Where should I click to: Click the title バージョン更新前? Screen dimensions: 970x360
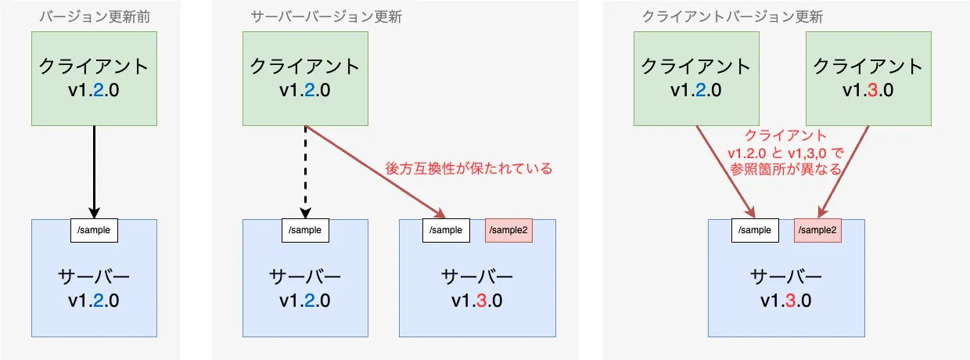click(x=95, y=17)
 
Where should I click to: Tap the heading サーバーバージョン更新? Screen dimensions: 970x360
click(x=326, y=17)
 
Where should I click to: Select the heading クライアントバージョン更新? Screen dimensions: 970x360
click(x=732, y=17)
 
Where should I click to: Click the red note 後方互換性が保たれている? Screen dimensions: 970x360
click(x=469, y=168)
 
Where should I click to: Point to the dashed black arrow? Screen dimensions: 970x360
click(x=305, y=172)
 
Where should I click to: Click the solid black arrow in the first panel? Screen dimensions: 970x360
click(x=94, y=172)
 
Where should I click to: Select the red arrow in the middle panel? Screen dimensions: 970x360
click(x=375, y=172)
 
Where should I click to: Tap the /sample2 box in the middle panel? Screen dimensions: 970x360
click(x=508, y=230)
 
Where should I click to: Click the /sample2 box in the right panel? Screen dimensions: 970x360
click(x=817, y=230)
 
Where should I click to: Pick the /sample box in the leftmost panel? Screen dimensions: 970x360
click(x=94, y=230)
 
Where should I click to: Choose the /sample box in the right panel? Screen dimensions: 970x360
click(x=755, y=230)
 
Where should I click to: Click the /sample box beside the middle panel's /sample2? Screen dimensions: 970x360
click(x=446, y=230)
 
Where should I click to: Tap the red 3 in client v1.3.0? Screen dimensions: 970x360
click(x=872, y=90)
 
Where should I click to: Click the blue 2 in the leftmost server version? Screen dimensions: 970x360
click(x=99, y=301)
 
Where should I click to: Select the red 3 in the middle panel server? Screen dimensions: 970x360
click(x=482, y=301)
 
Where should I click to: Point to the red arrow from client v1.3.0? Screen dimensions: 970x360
click(x=843, y=172)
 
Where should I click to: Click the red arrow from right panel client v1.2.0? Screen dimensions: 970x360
click(x=725, y=172)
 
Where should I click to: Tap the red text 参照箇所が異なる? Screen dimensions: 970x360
click(x=785, y=169)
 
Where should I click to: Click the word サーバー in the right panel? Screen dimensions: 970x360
click(x=786, y=277)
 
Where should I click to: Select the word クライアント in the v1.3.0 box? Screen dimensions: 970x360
click(x=868, y=67)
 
